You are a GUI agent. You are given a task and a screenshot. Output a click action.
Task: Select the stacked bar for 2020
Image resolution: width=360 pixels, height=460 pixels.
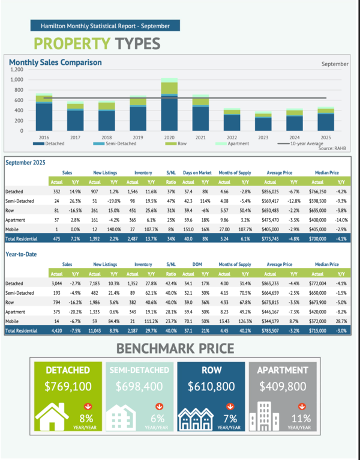[x=169, y=105]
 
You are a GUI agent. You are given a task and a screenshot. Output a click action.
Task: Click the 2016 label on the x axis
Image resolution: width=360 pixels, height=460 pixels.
[x=44, y=138]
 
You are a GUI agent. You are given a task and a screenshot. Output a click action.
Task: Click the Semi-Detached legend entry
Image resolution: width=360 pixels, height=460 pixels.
[x=119, y=144]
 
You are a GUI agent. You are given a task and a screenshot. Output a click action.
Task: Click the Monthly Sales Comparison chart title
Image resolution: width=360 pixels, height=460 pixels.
[x=55, y=62]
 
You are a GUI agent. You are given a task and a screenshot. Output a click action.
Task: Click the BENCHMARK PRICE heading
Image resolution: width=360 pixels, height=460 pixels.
[x=179, y=348]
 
